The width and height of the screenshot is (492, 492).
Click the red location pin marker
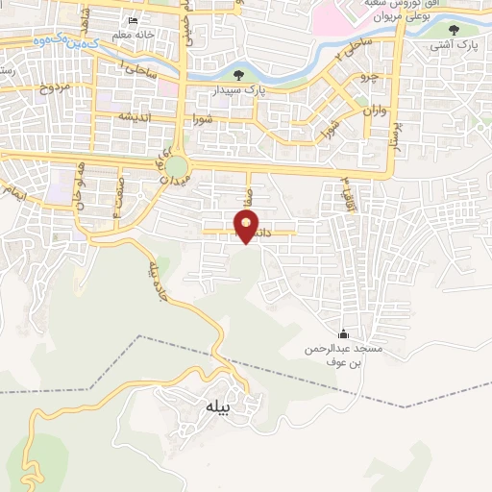pyautogui.click(x=247, y=226)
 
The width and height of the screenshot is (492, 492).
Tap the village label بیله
pyautogui.click(x=219, y=407)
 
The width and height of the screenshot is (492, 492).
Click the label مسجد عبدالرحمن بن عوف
pyautogui.click(x=345, y=356)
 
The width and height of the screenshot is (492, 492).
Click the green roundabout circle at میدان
pyautogui.click(x=177, y=167)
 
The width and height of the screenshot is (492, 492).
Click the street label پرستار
pyautogui.click(x=392, y=138)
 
